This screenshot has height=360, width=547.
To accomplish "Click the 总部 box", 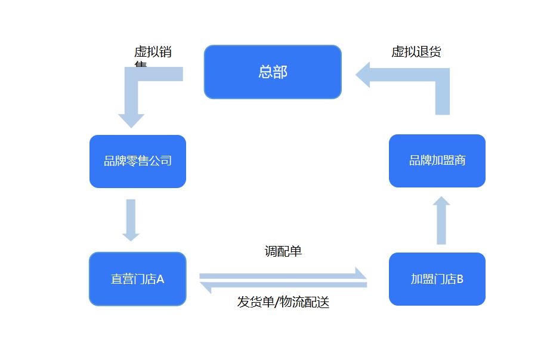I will tap(273, 72).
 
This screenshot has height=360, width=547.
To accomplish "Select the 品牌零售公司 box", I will tap(138, 161).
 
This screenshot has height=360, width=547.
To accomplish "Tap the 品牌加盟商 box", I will tap(437, 161).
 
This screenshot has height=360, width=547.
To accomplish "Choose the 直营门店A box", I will tap(138, 279).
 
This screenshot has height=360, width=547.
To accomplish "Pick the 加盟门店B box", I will tap(437, 279).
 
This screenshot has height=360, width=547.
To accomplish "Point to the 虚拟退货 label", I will tap(416, 52).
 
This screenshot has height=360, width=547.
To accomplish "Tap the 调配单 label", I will tap(283, 251).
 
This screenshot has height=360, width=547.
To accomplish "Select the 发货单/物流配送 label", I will tap(283, 302).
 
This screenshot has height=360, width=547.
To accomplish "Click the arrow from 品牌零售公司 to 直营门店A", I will tap(131, 219).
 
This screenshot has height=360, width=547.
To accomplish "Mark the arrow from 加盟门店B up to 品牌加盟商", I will tap(441, 220).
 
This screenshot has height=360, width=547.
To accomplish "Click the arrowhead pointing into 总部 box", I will tap(363, 75).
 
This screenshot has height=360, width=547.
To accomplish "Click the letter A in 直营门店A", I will tap(160, 279).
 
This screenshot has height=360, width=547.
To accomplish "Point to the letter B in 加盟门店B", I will tap(460, 279).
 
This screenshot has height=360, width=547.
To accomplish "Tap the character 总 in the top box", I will tap(265, 72).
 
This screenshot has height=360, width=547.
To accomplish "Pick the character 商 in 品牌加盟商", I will tap(459, 161).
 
